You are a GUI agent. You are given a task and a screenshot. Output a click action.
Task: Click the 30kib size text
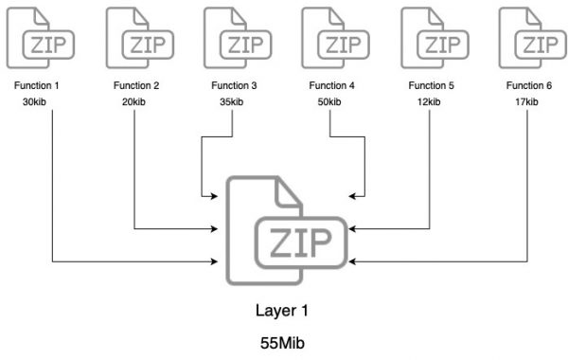(37, 102)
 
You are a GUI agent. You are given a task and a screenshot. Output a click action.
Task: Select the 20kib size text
(136, 102)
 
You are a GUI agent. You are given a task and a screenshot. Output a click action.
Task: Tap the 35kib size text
(234, 102)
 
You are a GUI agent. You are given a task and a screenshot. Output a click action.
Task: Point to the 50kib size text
(331, 102)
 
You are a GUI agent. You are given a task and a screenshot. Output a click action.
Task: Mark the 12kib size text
(432, 102)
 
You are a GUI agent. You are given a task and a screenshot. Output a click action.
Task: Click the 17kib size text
(529, 102)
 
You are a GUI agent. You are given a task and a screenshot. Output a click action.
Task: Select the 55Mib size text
(283, 342)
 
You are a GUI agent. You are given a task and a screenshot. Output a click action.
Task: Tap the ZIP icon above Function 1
(37, 36)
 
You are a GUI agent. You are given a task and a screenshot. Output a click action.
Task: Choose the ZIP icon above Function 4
(331, 36)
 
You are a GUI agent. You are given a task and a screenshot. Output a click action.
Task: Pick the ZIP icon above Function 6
(529, 36)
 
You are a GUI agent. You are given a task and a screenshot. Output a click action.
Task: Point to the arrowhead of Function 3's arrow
(216, 196)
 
